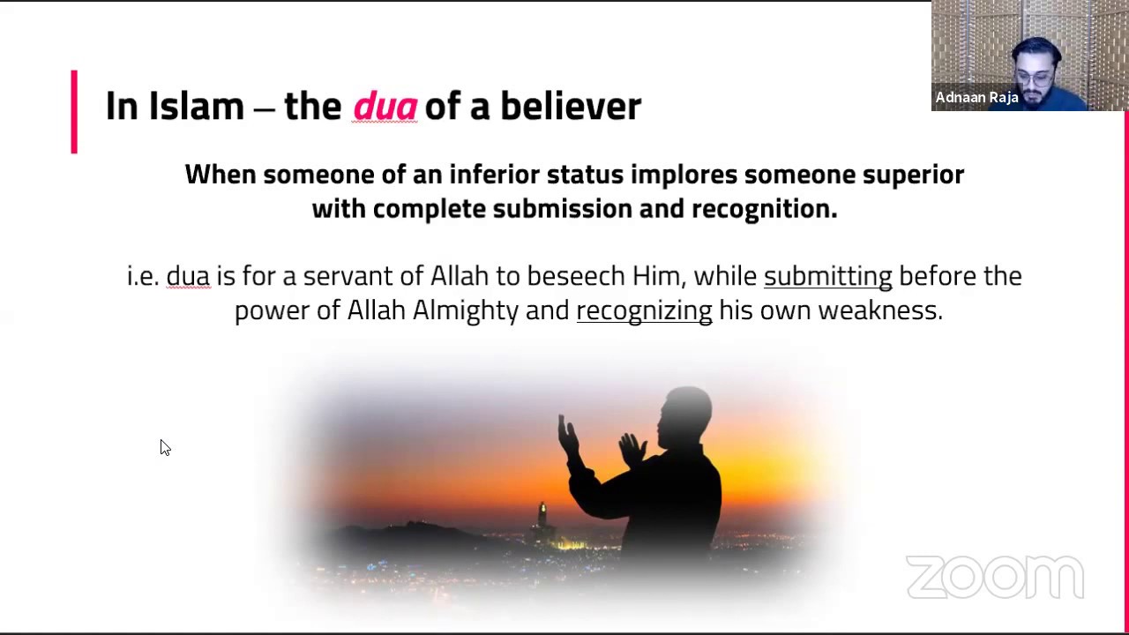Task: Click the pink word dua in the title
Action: (385, 107)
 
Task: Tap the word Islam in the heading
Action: (196, 107)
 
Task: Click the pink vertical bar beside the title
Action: (74, 112)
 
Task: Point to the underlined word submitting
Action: (827, 276)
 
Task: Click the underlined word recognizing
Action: (644, 310)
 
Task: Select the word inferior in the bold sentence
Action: (494, 175)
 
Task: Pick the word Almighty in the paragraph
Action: (465, 310)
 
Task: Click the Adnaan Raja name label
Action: (976, 98)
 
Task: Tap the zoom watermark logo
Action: (994, 578)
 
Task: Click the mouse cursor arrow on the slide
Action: (164, 447)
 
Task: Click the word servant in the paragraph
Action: (348, 276)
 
